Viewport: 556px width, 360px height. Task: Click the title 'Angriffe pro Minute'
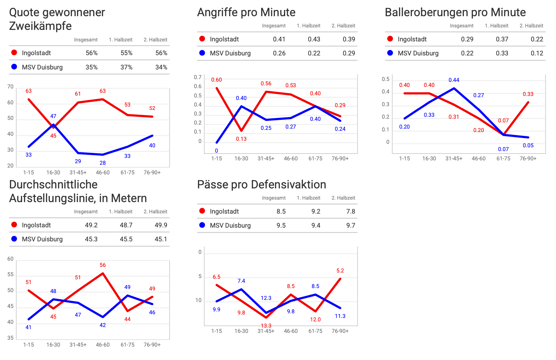(246, 12)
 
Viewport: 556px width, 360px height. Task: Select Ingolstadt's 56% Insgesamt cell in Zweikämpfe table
(92, 53)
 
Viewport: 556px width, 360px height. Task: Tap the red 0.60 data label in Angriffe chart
(216, 80)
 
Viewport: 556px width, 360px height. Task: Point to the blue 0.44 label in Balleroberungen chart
(454, 80)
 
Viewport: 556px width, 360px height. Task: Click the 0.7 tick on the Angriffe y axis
(198, 77)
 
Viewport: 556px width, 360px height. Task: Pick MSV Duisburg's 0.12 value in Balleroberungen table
(537, 53)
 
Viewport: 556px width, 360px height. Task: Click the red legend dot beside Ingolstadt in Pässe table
(202, 211)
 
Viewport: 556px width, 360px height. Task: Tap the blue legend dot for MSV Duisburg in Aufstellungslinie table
(14, 239)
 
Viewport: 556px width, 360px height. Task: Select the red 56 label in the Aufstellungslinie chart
(102, 265)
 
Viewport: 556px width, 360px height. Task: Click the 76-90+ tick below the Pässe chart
(340, 331)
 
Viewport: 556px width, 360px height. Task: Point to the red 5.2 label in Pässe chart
(340, 271)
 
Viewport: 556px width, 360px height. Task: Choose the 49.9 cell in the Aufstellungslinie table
(161, 225)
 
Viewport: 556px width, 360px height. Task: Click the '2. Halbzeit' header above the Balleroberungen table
(531, 26)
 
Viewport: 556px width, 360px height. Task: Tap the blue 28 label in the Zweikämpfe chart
(102, 163)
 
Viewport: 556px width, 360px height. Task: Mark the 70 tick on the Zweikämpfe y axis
(11, 87)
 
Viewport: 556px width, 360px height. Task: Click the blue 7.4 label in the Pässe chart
(241, 281)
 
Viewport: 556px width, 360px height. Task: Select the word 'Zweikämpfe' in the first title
(40, 26)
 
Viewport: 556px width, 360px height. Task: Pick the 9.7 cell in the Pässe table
(351, 225)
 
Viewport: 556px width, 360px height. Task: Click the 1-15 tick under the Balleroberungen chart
(404, 159)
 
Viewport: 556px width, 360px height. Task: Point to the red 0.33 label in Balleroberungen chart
(528, 94)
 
